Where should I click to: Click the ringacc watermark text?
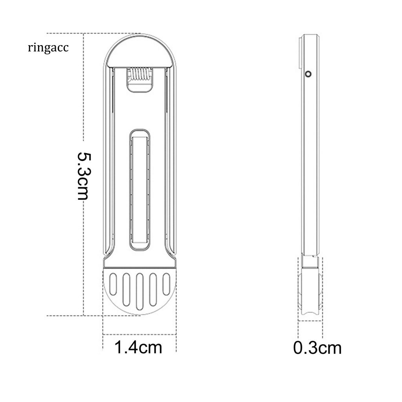coord(48,48)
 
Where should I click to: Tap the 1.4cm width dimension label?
coord(138,347)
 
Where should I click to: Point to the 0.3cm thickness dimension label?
coord(317,347)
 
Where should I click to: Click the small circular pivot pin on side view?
coord(309,74)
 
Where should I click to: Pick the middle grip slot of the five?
coord(139,291)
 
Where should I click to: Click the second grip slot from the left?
coord(126,289)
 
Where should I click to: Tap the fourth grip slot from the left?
coord(153,289)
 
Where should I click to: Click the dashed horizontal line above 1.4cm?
coord(139,334)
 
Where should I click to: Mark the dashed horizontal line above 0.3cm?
coord(310,321)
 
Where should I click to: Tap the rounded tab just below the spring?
coord(139,87)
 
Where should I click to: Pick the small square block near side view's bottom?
coord(310,261)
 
